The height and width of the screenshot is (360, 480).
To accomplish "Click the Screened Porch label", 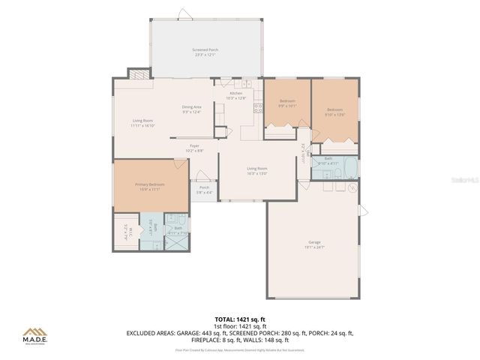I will [205, 52].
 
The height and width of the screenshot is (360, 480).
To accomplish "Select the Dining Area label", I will [191, 109].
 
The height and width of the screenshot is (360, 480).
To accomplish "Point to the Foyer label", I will [193, 148].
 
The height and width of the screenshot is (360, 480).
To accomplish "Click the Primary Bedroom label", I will [150, 186].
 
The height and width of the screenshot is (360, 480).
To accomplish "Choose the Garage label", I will [314, 244].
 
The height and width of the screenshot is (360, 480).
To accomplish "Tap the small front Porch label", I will [204, 190].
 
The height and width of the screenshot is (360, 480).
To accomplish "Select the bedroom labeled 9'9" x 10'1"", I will [287, 103].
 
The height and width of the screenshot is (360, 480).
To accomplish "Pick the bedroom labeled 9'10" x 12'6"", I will [334, 112].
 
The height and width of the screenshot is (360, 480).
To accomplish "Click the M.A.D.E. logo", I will [35, 335].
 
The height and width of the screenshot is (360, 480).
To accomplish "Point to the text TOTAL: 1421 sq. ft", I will [240, 319].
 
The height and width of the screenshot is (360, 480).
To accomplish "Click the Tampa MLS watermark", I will [458, 181].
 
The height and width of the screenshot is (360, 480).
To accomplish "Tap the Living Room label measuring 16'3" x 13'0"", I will [257, 170].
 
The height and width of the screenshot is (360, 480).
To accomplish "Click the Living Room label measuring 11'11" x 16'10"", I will [142, 123].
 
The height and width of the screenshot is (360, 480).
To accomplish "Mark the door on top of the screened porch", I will [184, 13].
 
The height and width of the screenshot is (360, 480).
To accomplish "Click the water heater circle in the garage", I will [351, 188].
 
